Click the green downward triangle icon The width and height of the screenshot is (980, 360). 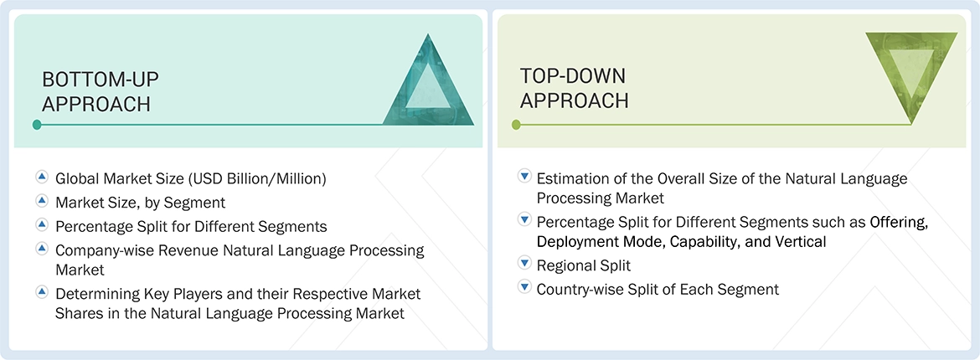click(910, 74)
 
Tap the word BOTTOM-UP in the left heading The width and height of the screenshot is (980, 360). click(101, 80)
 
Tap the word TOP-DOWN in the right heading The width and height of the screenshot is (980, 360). click(573, 76)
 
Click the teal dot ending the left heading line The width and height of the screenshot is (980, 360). click(37, 125)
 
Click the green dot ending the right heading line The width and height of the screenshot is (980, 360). click(516, 125)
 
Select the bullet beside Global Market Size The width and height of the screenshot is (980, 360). click(42, 177)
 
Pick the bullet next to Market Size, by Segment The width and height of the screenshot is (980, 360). click(42, 202)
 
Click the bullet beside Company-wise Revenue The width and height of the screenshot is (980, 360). click(42, 249)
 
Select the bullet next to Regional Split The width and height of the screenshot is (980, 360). click(524, 264)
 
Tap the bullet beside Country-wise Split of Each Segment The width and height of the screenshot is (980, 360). click(524, 288)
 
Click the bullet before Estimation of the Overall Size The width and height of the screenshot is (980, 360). click(524, 177)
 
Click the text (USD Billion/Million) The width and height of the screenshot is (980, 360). click(257, 178)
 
